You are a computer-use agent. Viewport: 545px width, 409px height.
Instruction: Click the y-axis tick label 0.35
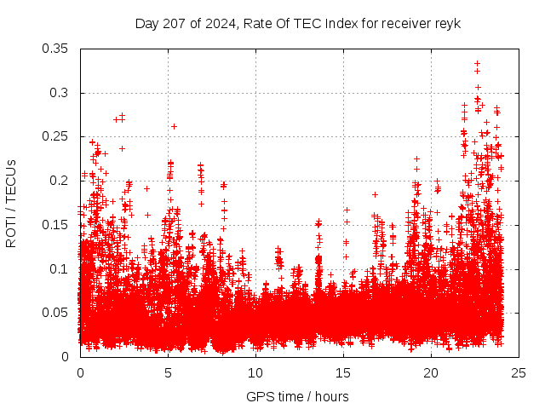click(x=57, y=49)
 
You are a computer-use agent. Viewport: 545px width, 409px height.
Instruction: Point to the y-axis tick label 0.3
click(x=60, y=93)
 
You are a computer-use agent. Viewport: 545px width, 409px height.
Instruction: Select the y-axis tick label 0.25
click(x=57, y=136)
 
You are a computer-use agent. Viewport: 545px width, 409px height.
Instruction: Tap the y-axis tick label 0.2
click(x=60, y=181)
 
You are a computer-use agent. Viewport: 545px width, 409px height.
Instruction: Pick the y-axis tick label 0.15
click(x=57, y=225)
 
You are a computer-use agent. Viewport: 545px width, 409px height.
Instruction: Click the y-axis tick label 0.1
click(x=60, y=268)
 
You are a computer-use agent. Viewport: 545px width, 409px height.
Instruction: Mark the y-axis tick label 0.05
click(x=57, y=313)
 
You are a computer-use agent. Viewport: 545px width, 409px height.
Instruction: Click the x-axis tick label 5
click(x=168, y=373)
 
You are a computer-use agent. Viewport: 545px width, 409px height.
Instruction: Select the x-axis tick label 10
click(x=255, y=373)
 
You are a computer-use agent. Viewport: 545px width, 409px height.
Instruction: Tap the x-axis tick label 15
click(x=343, y=373)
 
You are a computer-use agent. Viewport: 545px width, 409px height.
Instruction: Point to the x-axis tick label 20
click(x=431, y=373)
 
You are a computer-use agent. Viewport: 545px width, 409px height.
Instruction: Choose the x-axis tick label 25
click(x=519, y=373)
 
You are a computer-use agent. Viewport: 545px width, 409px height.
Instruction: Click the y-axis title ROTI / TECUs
click(x=12, y=203)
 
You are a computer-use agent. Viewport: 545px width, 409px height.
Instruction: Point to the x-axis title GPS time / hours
click(x=297, y=396)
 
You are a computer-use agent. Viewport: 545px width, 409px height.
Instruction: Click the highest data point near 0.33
click(x=477, y=63)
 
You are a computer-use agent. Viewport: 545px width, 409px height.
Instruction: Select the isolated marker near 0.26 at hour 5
click(x=174, y=126)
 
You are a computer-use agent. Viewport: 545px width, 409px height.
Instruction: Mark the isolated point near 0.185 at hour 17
click(x=375, y=194)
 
